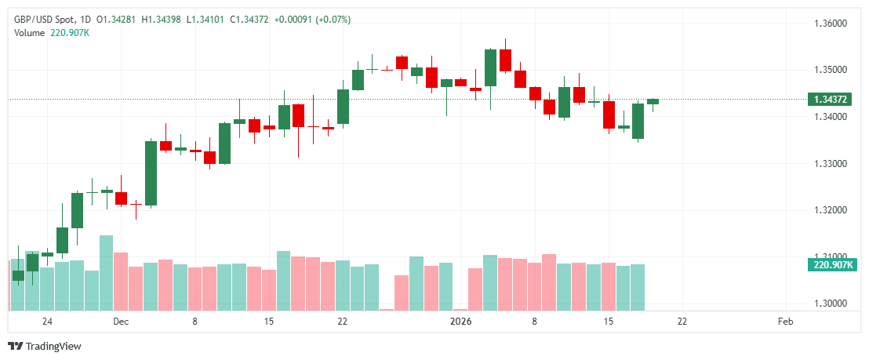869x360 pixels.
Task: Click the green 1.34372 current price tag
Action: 830,100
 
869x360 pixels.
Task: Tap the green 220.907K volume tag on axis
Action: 832,265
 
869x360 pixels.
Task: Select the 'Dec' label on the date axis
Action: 120,322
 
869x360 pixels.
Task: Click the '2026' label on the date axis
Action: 460,322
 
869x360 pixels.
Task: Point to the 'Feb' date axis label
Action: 785,322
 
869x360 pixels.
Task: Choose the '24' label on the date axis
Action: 47,322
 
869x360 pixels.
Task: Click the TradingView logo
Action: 45,346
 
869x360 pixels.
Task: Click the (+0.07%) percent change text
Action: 333,19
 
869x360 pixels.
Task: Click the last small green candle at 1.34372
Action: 653,101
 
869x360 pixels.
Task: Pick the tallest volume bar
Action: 106,272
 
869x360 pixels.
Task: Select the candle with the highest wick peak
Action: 505,60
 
